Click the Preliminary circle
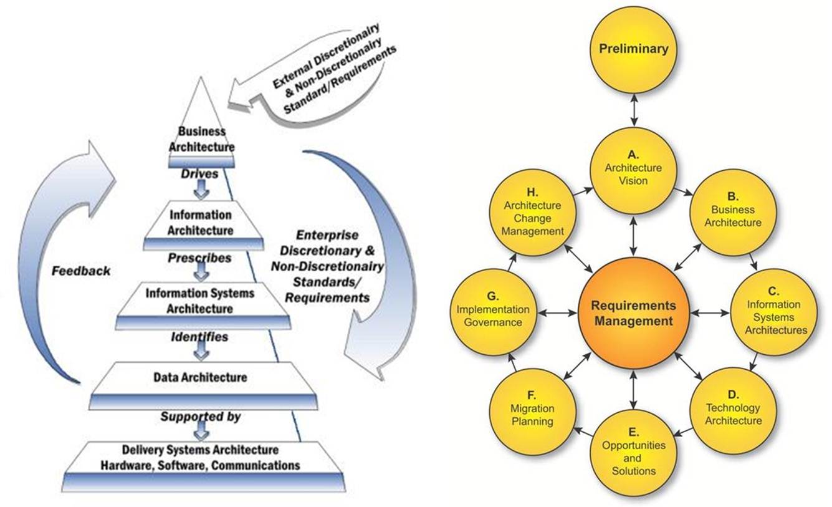(x=633, y=49)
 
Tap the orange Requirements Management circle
(x=633, y=313)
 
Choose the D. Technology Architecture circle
(x=733, y=409)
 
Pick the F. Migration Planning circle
(x=532, y=409)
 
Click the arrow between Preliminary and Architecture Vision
(x=633, y=110)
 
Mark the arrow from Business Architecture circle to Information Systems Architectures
(x=754, y=261)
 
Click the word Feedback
(x=81, y=271)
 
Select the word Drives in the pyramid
(x=200, y=173)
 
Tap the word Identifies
(x=200, y=337)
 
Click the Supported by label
(x=200, y=416)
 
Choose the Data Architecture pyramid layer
(x=200, y=377)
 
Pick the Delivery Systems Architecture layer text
(x=200, y=458)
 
